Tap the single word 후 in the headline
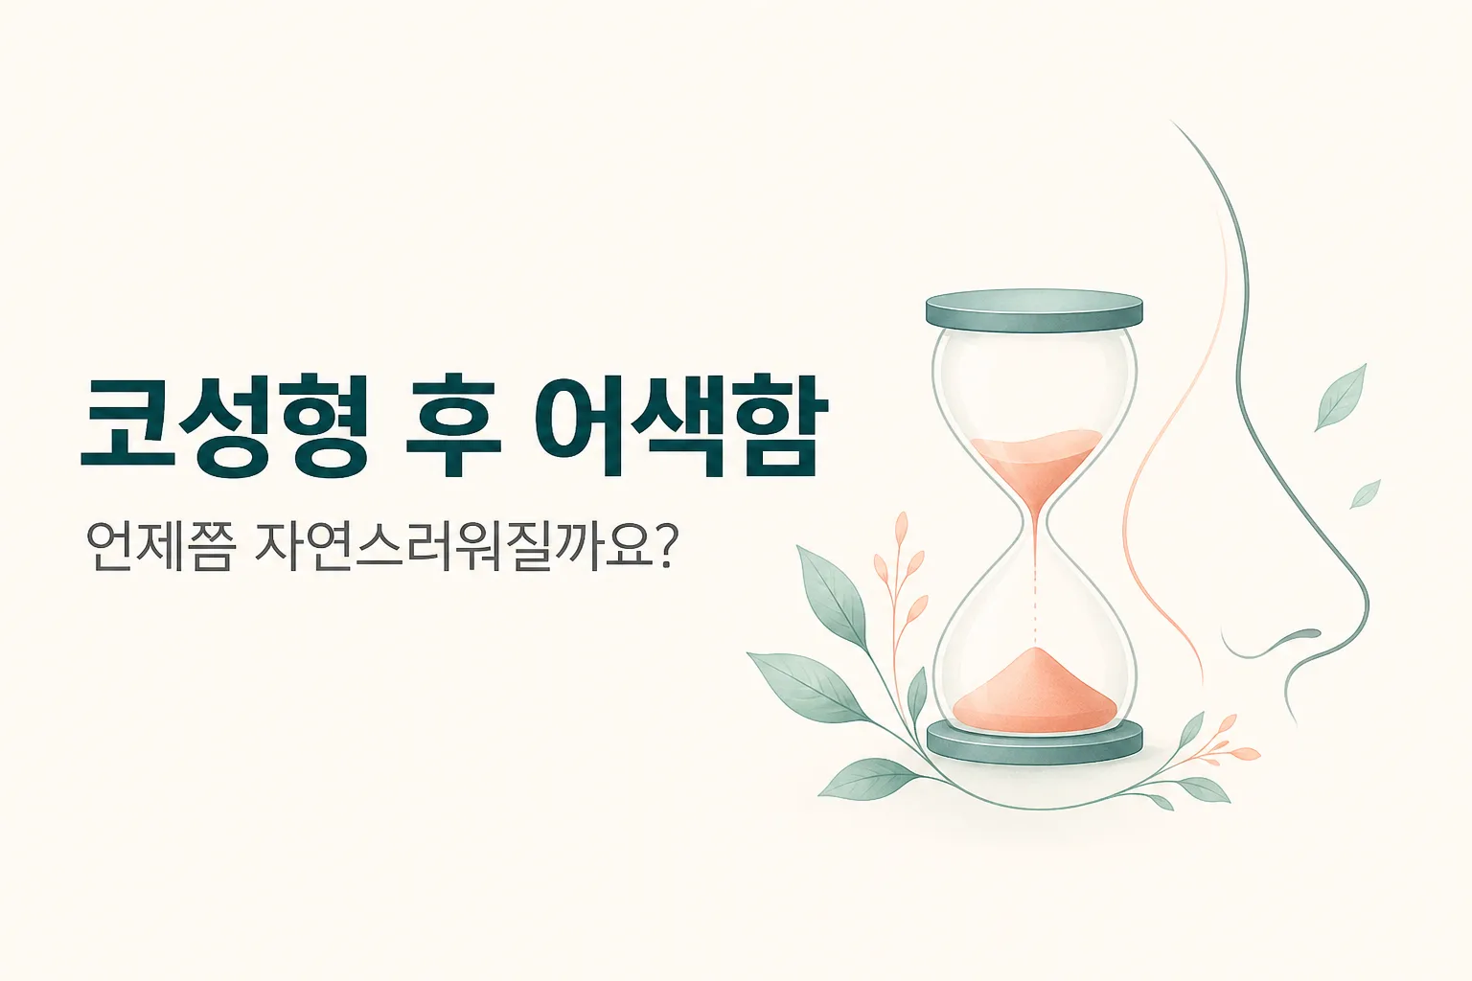click(x=452, y=428)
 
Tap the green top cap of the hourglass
click(x=1034, y=310)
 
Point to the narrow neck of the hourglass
click(x=1036, y=526)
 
